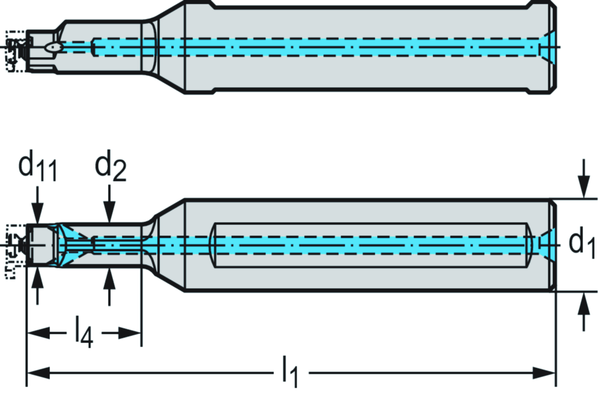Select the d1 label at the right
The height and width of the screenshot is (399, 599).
point(582,243)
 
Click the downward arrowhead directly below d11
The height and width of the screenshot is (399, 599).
point(37,214)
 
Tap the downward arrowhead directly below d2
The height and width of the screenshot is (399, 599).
point(109,214)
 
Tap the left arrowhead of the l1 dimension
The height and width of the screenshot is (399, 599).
point(35,372)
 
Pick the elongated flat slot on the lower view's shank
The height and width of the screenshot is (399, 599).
point(371,245)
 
